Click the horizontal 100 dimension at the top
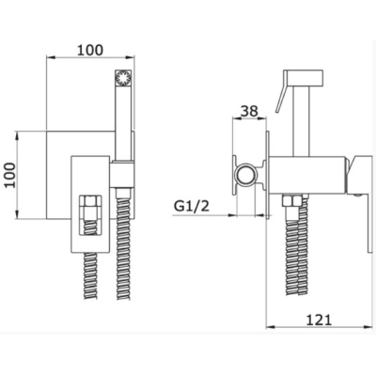pyautogui.click(x=90, y=50)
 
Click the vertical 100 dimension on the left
pyautogui.click(x=11, y=175)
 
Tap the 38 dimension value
pyautogui.click(x=249, y=111)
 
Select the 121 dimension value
pyautogui.click(x=319, y=320)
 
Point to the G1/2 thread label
pyautogui.click(x=192, y=206)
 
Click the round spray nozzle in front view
pyautogui.click(x=123, y=77)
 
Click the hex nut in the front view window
pyautogui.click(x=90, y=208)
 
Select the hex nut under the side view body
pyautogui.click(x=292, y=201)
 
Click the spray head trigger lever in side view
pyautogui.click(x=281, y=98)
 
